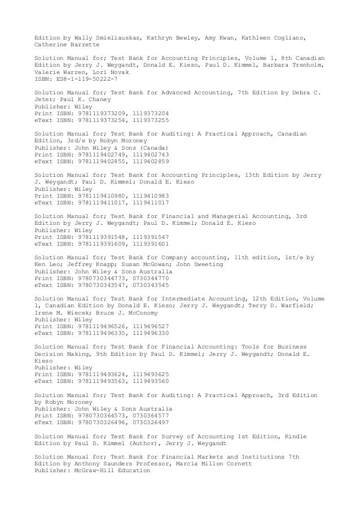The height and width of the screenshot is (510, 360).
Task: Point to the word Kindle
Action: [x=296, y=437]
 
